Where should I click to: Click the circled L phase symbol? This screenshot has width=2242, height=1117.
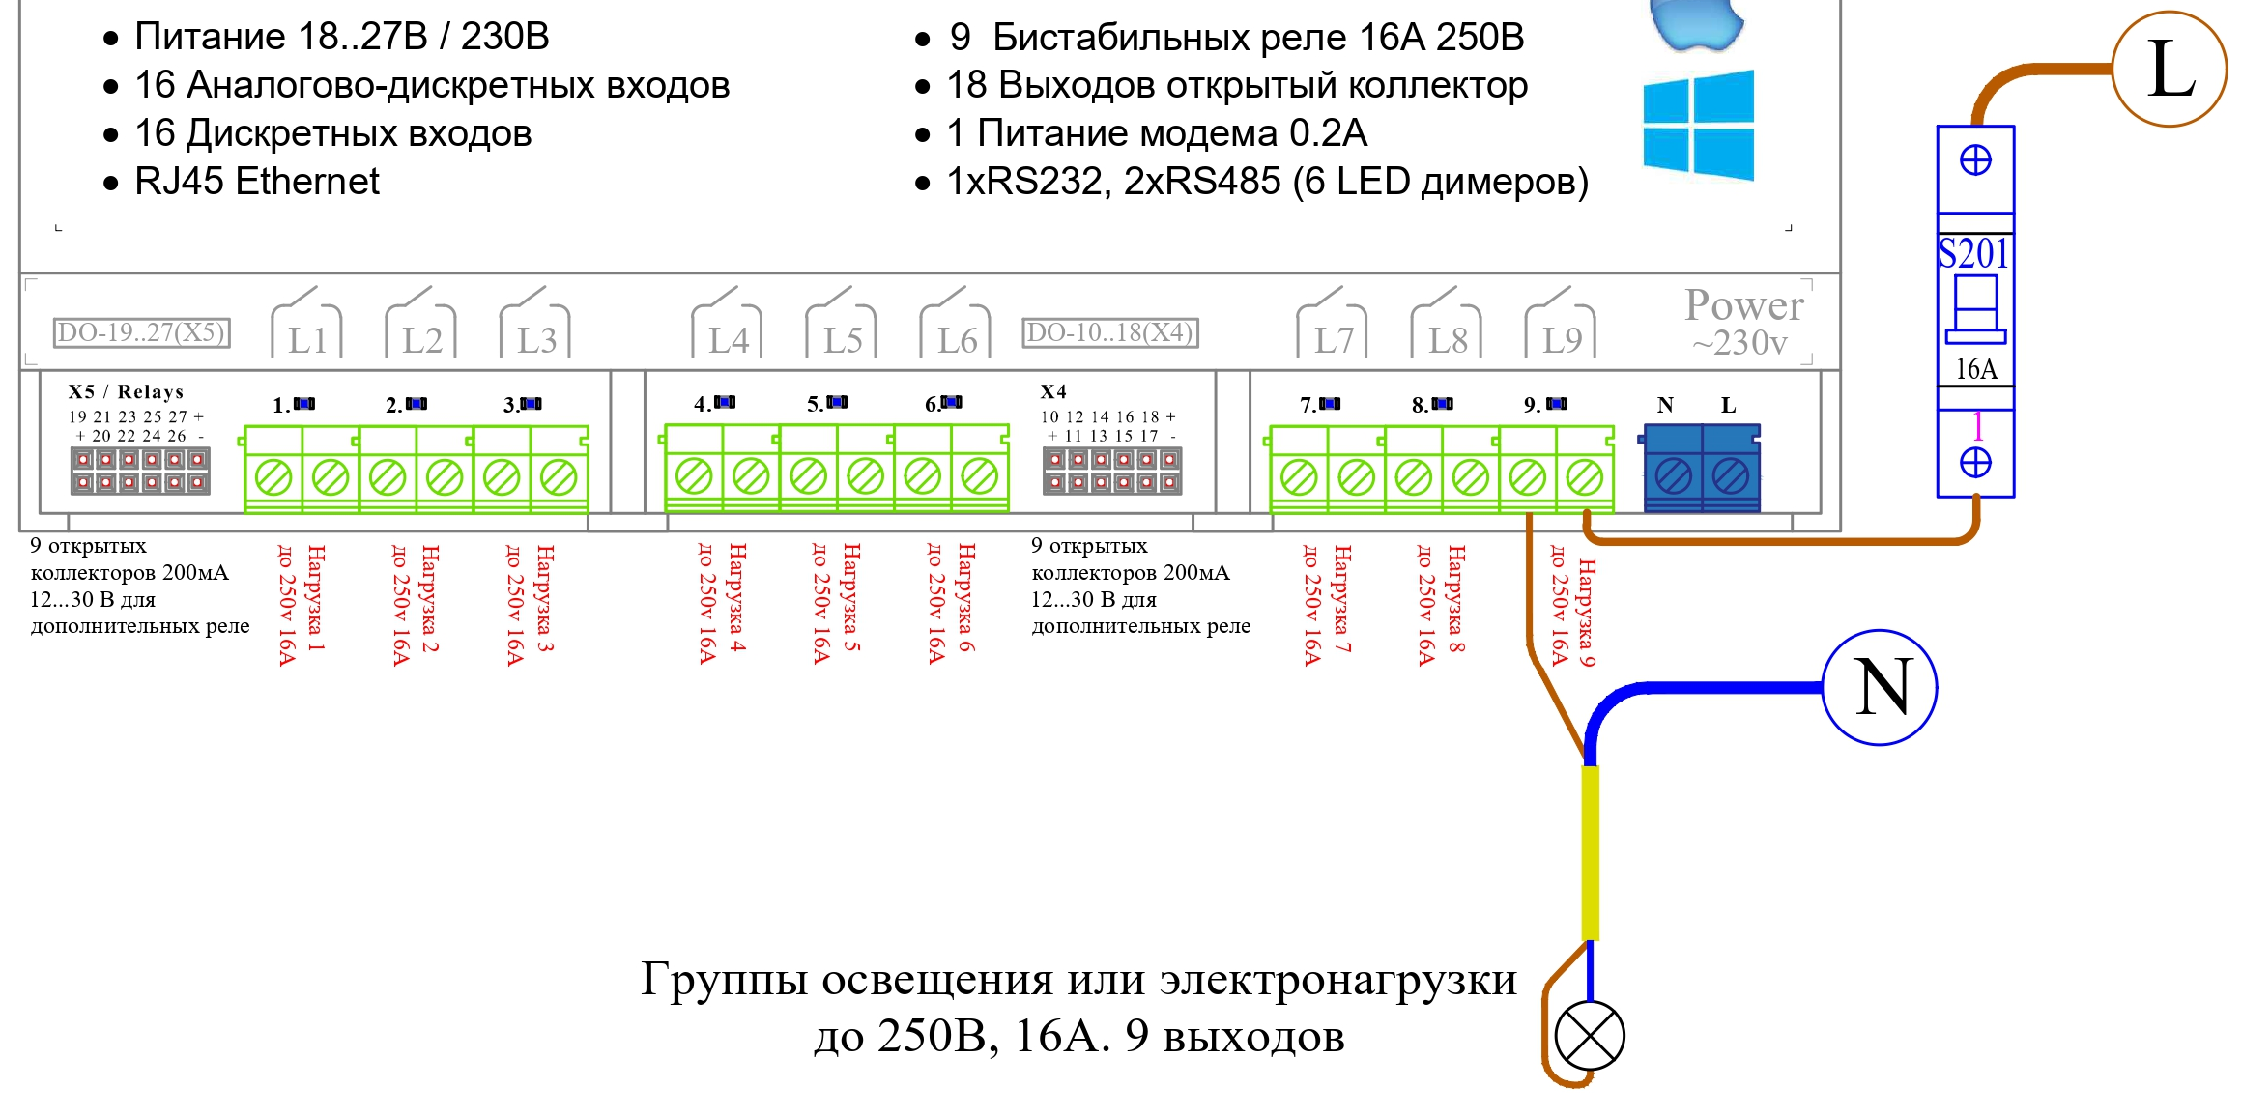tap(2169, 69)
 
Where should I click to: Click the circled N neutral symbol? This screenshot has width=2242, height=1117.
tap(1880, 687)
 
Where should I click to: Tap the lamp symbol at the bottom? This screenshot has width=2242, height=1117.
tap(1590, 1036)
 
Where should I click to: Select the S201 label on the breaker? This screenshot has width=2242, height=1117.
tap(1973, 253)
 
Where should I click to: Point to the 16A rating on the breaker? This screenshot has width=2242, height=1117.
tap(1975, 368)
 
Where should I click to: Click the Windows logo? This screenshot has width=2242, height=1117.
tap(1699, 125)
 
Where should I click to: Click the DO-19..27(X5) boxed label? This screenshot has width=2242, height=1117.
tap(141, 332)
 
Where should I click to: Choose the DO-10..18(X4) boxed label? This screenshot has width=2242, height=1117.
tap(1110, 332)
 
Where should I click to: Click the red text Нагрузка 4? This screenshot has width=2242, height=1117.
tap(737, 598)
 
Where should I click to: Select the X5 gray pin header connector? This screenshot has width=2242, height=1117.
tap(140, 471)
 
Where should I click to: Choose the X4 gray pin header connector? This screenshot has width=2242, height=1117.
tap(1112, 471)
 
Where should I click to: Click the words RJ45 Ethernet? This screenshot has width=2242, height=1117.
tap(257, 182)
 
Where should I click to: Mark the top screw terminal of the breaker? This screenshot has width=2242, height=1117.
tap(1975, 160)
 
